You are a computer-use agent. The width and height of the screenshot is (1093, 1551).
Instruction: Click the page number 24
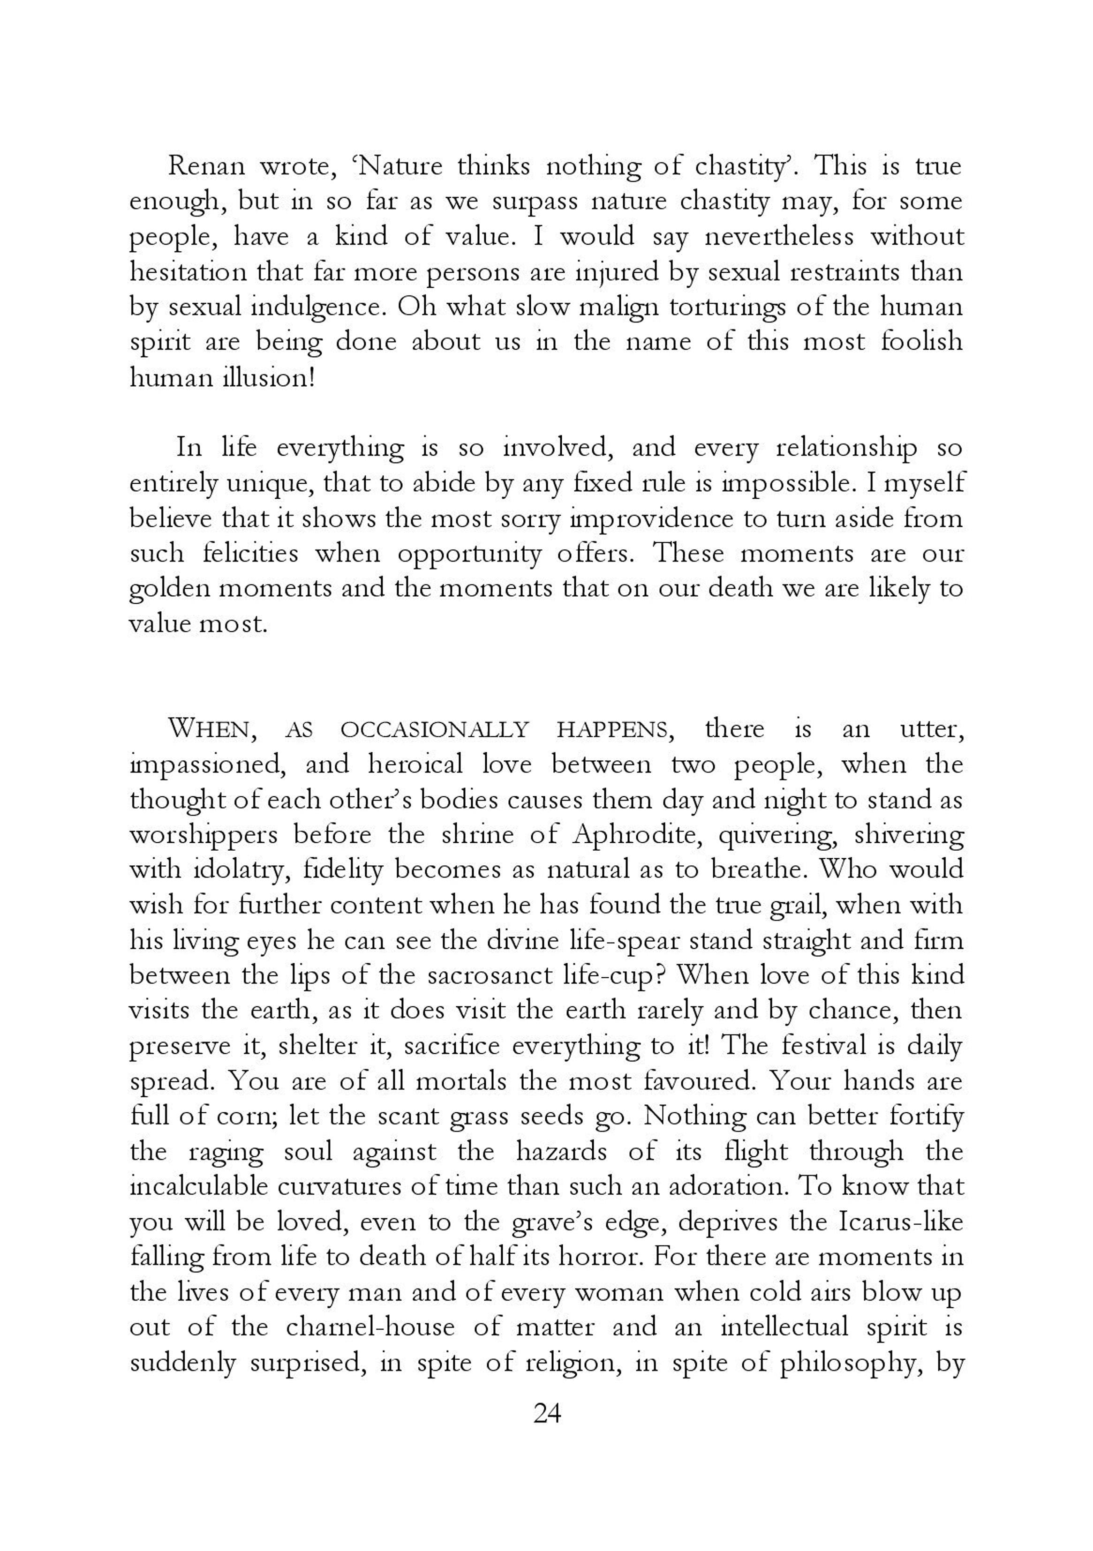[547, 1413]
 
